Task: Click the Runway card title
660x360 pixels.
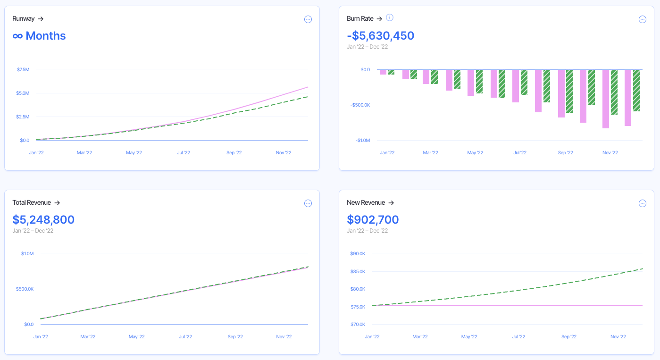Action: (24, 19)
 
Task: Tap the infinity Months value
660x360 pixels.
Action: (39, 36)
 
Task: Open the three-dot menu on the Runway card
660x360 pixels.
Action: (308, 19)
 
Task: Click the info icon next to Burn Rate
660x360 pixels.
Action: (390, 18)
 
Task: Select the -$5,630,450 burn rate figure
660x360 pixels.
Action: (380, 36)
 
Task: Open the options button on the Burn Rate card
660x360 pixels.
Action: (642, 19)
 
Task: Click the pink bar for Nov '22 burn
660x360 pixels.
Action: (606, 99)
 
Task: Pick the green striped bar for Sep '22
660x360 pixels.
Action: (569, 91)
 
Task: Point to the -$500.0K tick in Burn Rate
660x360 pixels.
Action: (359, 105)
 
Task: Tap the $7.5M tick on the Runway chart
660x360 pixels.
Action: (23, 70)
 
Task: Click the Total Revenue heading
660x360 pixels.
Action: (32, 203)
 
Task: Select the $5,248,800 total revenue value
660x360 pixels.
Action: (43, 220)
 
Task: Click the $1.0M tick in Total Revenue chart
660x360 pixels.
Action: (27, 254)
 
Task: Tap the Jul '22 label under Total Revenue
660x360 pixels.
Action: (185, 337)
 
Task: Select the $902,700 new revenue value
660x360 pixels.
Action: (373, 220)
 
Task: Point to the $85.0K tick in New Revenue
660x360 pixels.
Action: (358, 272)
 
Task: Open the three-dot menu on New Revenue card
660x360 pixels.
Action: (642, 203)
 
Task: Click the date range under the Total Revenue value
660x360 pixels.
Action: (33, 231)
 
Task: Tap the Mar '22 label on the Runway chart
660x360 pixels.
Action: (84, 153)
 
